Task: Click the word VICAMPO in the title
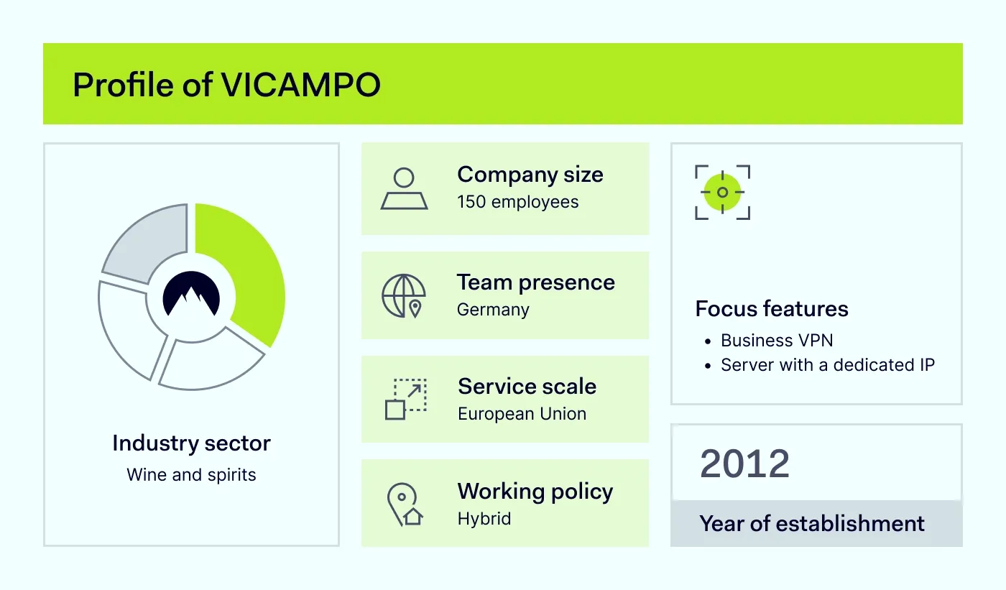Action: click(x=300, y=86)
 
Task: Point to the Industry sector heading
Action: click(x=191, y=443)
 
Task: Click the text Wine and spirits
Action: click(x=191, y=475)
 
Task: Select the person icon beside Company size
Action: click(x=404, y=189)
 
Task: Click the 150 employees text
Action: click(x=517, y=202)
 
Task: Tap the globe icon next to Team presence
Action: click(x=404, y=295)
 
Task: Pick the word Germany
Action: click(x=493, y=310)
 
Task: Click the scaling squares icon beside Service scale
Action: click(x=405, y=399)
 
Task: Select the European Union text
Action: click(x=522, y=414)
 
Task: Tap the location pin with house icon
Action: click(x=404, y=504)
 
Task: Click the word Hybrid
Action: click(x=484, y=519)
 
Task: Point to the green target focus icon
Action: click(x=722, y=192)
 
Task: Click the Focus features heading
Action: click(x=772, y=309)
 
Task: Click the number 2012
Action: click(x=744, y=464)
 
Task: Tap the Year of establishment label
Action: click(x=812, y=523)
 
